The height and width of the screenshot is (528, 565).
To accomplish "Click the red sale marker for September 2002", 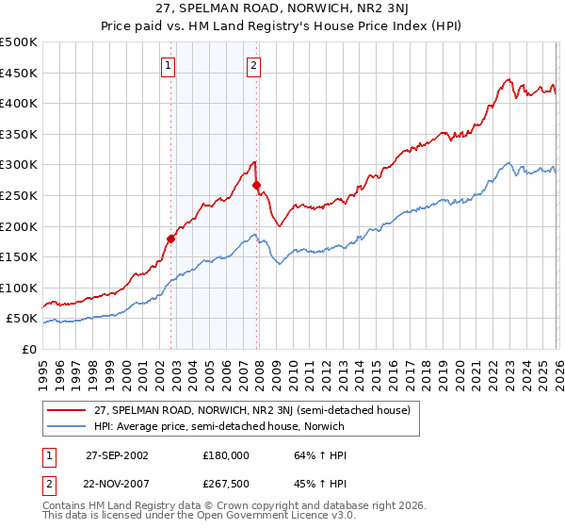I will point(170,239).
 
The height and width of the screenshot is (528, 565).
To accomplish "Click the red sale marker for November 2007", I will point(256,185).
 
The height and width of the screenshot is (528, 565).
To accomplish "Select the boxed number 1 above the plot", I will point(168,65).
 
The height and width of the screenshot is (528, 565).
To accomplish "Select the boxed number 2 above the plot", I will point(254,65).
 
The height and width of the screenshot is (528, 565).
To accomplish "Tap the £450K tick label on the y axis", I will point(19,73).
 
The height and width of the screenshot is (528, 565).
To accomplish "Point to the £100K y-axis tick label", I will point(19,288).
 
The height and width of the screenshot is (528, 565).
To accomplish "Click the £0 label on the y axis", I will point(29,349).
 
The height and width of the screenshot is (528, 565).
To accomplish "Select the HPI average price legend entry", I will point(219,426).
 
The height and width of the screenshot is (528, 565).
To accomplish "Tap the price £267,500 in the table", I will point(226,485).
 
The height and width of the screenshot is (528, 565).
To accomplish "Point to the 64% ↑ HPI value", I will point(307,454).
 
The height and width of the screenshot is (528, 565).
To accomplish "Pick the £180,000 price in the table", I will point(226,454).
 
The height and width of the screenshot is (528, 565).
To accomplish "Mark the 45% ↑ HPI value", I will point(307,485).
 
